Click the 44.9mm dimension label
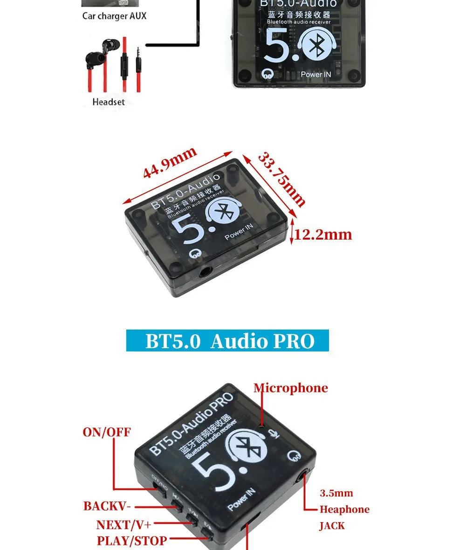point(170,162)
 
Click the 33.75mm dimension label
point(281,179)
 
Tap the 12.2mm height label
point(323,234)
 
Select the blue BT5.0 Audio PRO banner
point(227,341)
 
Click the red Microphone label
point(291,388)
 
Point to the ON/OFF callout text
point(107,432)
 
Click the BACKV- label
point(107,506)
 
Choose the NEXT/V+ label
point(124,525)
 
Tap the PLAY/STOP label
point(132,541)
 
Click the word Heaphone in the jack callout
point(344,509)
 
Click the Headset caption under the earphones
point(109,102)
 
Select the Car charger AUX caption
point(114,16)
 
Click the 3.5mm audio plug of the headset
point(138,56)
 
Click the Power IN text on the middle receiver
point(239,232)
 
